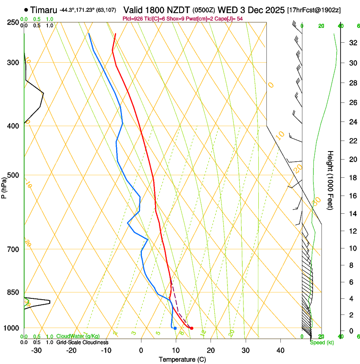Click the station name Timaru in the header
[x=44, y=10]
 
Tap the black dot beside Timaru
[x=26, y=10]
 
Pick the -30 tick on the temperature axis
[x=37, y=350]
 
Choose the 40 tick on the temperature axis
[x=280, y=350]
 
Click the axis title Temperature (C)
[x=182, y=359]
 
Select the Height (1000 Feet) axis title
[x=331, y=180]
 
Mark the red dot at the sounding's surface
[x=192, y=328]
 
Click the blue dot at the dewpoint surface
[x=175, y=328]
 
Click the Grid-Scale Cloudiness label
[x=82, y=342]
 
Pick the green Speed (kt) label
[x=321, y=342]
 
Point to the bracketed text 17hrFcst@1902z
[x=314, y=10]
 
